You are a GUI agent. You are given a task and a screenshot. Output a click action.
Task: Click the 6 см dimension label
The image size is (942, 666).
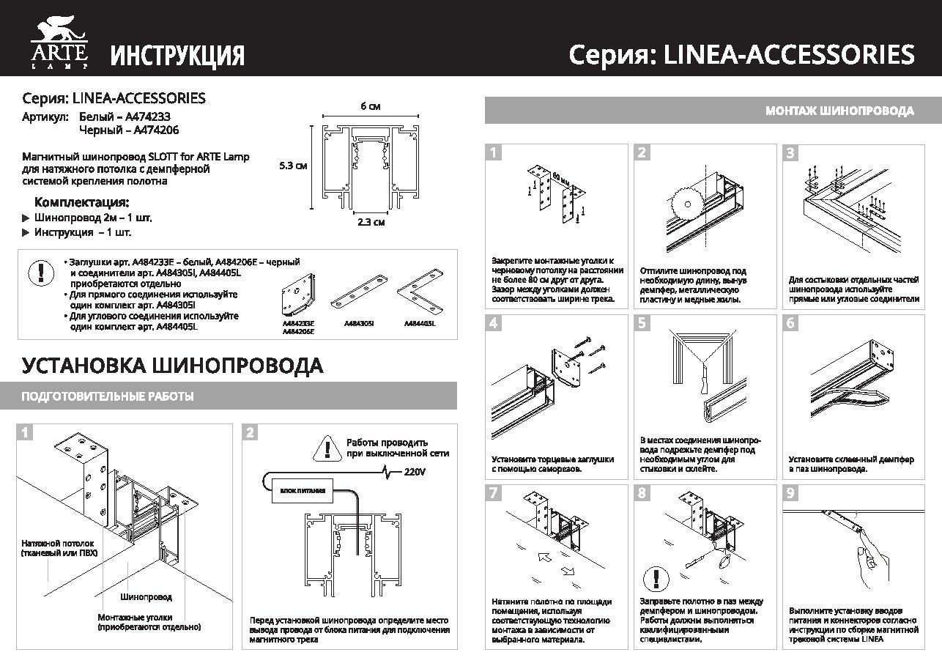pos(371,106)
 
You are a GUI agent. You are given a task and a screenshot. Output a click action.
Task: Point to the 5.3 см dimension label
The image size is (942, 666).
pos(293,166)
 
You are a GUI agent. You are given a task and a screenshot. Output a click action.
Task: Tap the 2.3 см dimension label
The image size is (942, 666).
pos(371,222)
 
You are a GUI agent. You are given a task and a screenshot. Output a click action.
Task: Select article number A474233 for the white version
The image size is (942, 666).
pos(153,116)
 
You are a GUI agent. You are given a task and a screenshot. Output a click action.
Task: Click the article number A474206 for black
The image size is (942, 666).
pos(152,130)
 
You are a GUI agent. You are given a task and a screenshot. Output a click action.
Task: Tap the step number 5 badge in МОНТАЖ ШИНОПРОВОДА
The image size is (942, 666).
pos(642,323)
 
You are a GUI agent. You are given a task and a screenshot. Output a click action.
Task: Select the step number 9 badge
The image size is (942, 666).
pos(790,493)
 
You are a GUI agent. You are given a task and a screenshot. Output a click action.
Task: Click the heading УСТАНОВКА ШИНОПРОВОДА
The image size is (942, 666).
pos(172,366)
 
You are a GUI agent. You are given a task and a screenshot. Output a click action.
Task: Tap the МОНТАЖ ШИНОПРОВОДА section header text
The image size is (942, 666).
pos(839,111)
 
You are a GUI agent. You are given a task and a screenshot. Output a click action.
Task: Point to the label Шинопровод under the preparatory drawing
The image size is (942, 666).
pos(147,598)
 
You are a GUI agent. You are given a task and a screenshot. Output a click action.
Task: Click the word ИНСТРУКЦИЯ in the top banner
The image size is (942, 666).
pos(177,56)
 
